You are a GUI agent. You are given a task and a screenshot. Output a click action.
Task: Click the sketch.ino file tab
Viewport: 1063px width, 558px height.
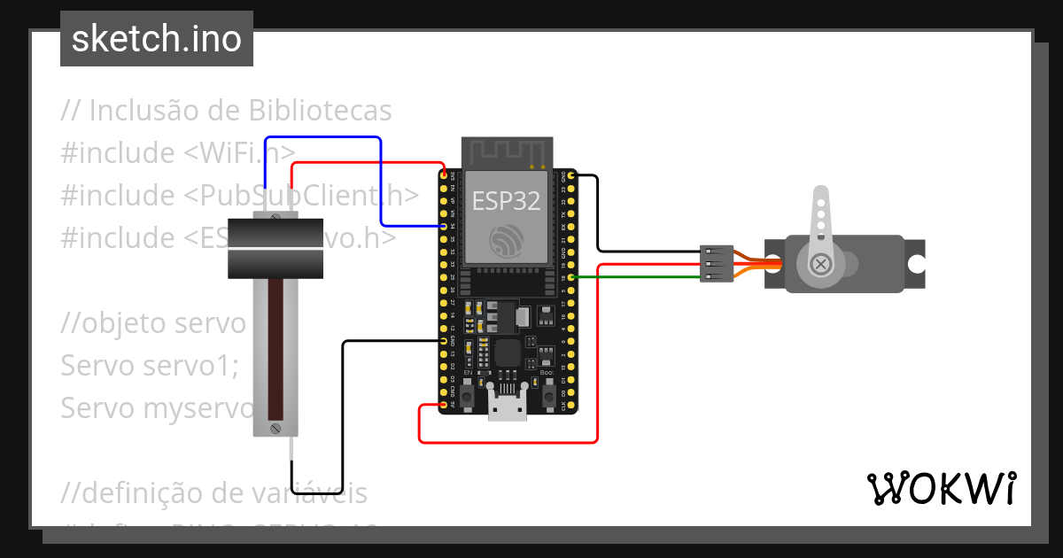[x=157, y=39]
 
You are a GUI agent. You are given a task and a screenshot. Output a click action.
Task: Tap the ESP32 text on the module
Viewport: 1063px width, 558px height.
[x=506, y=201]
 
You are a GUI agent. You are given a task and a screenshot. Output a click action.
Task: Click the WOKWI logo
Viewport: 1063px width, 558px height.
[x=941, y=488]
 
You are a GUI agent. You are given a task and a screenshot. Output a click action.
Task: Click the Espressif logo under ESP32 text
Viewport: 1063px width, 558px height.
[x=507, y=239]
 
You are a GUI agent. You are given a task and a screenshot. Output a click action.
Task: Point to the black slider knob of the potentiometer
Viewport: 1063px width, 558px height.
[x=275, y=248]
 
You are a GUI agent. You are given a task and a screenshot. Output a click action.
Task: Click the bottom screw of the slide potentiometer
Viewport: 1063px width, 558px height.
[x=275, y=429]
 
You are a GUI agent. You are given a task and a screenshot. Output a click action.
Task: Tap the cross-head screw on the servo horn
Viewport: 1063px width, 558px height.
[x=821, y=263]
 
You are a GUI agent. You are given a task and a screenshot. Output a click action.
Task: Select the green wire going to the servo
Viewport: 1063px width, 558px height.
[x=638, y=278]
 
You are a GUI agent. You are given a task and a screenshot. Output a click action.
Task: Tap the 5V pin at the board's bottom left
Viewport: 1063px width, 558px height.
[x=443, y=406]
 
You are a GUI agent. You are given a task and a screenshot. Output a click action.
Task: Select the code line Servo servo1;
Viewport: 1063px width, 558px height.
[x=150, y=365]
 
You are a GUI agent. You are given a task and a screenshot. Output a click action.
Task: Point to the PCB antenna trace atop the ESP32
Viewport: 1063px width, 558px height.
[x=508, y=152]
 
